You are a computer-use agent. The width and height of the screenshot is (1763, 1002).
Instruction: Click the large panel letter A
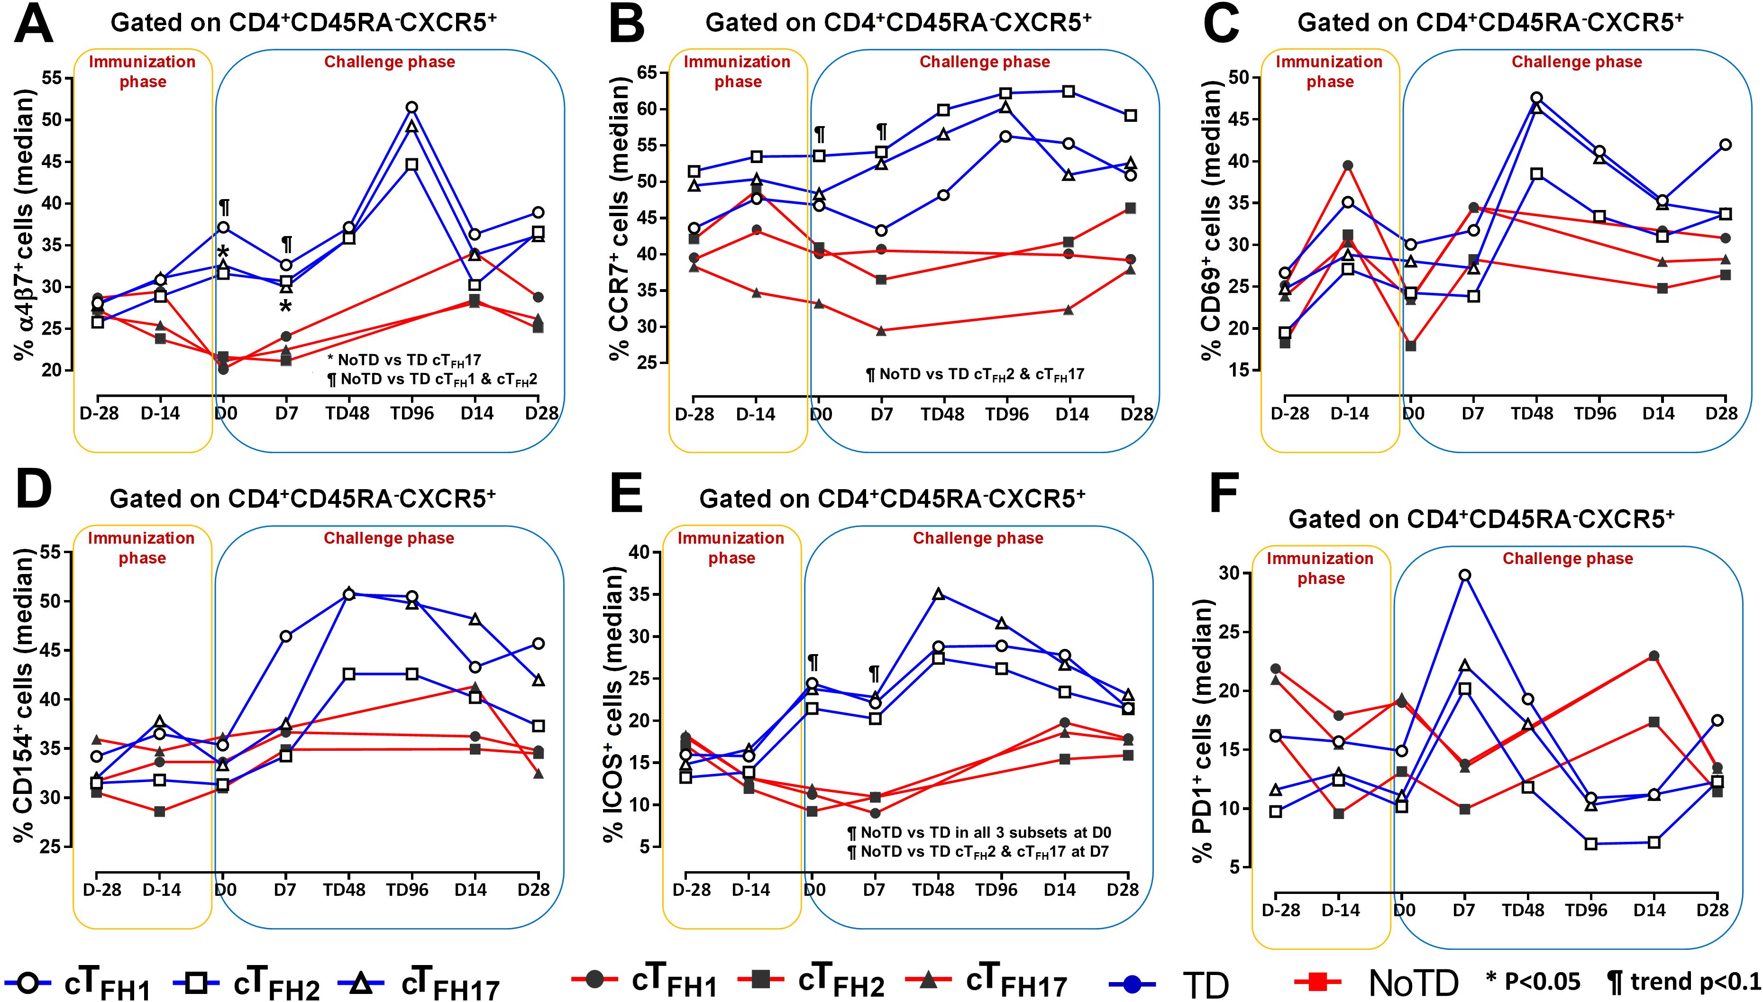(35, 26)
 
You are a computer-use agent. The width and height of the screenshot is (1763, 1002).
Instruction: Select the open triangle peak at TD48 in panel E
(937, 594)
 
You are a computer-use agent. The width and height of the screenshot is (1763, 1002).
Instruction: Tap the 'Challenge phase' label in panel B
(985, 62)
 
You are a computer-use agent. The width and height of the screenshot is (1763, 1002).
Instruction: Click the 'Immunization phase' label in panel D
(141, 548)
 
